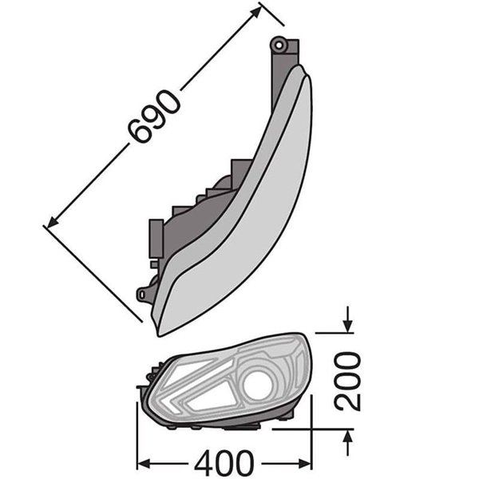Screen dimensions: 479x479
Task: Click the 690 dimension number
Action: (x=153, y=117)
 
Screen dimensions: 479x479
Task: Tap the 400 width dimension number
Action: (x=224, y=463)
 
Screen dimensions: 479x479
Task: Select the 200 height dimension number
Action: (x=347, y=381)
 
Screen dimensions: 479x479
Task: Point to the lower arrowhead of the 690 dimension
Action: (x=53, y=222)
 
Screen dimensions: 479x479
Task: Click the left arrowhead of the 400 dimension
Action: (x=144, y=463)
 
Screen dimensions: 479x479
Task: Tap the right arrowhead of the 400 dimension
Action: (x=304, y=463)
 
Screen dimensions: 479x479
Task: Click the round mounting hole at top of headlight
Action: (x=279, y=46)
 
